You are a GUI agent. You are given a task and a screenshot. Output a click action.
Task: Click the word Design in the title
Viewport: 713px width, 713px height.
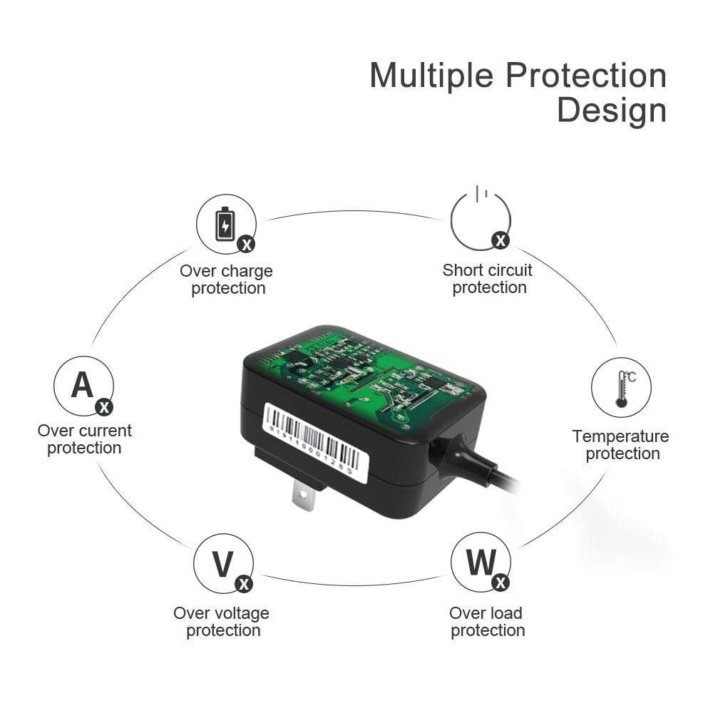click(612, 111)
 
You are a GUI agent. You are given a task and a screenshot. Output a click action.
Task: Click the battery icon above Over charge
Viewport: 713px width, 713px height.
click(225, 223)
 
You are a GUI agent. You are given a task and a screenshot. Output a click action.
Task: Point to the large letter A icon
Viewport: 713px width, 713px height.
click(82, 385)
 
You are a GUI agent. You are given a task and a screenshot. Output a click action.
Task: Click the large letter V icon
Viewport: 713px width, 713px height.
click(222, 564)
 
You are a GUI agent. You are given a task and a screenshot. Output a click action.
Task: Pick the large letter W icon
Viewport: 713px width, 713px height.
click(481, 563)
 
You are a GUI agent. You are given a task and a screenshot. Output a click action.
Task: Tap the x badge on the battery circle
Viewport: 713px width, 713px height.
click(246, 245)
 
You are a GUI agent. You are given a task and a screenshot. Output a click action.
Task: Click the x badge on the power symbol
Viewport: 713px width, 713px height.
click(501, 240)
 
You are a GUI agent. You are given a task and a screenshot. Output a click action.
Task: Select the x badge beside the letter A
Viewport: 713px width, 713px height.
click(104, 407)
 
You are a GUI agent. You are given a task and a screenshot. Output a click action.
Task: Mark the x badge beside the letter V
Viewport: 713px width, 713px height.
click(244, 584)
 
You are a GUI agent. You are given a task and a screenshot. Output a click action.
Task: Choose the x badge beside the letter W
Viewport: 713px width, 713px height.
click(501, 583)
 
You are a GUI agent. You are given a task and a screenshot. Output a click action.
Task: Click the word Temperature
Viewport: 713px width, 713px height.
click(620, 436)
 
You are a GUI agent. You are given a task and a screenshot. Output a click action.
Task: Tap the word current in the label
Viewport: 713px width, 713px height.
click(104, 431)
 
